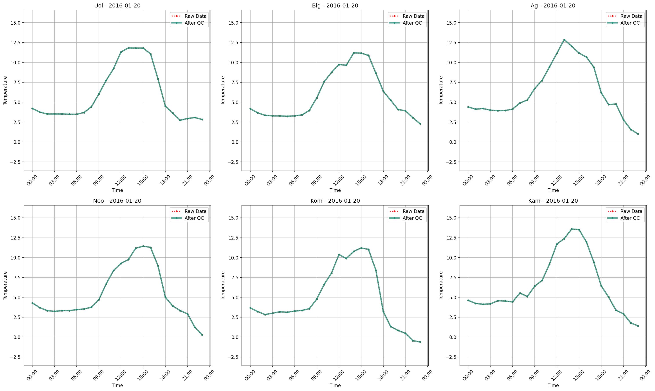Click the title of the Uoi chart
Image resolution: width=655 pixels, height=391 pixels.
click(117, 5)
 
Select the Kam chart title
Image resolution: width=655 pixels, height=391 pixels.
click(553, 201)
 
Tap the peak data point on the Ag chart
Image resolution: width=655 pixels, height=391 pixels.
click(564, 40)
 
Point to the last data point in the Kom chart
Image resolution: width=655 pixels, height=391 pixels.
click(420, 342)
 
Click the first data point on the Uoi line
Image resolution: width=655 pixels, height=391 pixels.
click(32, 108)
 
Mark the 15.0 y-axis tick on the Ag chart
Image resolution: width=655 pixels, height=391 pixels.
click(452, 23)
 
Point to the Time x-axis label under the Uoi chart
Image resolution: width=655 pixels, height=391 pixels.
click(117, 190)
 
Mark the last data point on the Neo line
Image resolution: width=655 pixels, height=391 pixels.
click(202, 335)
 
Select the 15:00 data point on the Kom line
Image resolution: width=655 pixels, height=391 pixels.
click(361, 248)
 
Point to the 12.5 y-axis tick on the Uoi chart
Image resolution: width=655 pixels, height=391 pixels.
click(16, 43)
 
